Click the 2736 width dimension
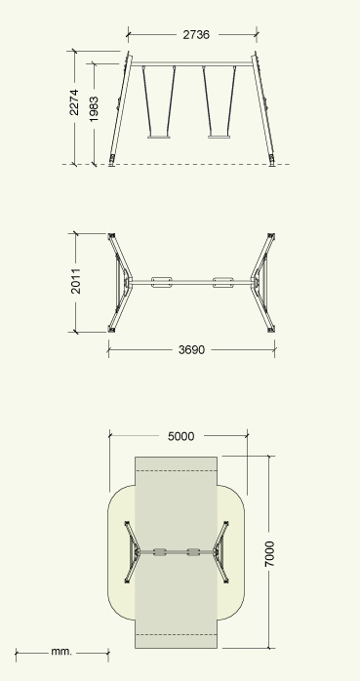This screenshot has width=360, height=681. (196, 35)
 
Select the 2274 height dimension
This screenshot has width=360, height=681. (75, 102)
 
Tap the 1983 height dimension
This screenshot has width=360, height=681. (94, 108)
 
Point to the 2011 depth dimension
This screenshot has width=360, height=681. (75, 281)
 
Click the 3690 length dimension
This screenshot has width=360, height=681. (191, 349)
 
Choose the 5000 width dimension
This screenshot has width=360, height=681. (181, 436)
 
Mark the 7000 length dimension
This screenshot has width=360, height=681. (269, 553)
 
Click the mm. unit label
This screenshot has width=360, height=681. (61, 652)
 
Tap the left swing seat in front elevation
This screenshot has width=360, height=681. (159, 138)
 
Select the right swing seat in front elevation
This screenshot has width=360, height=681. (219, 138)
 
